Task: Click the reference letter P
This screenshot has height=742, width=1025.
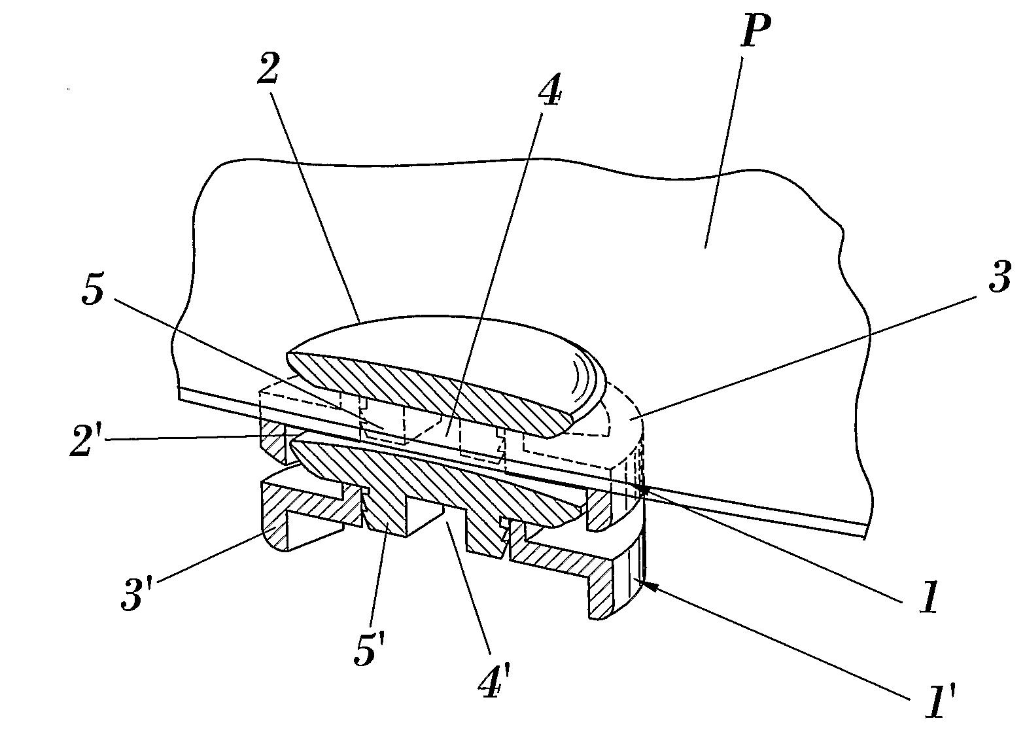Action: tap(756, 31)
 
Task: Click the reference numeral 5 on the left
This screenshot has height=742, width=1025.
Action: tap(93, 291)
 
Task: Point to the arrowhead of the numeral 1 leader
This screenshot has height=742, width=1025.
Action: tap(644, 489)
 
